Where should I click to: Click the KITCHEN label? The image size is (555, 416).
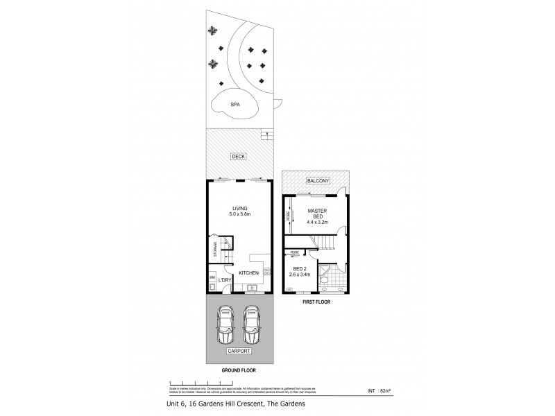coord(248,272)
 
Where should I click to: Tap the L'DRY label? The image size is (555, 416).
coord(225,279)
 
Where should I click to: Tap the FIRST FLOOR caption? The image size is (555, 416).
coord(316,303)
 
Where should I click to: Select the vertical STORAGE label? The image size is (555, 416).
coord(216,249)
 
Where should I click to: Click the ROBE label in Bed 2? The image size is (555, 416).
coord(295,252)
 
